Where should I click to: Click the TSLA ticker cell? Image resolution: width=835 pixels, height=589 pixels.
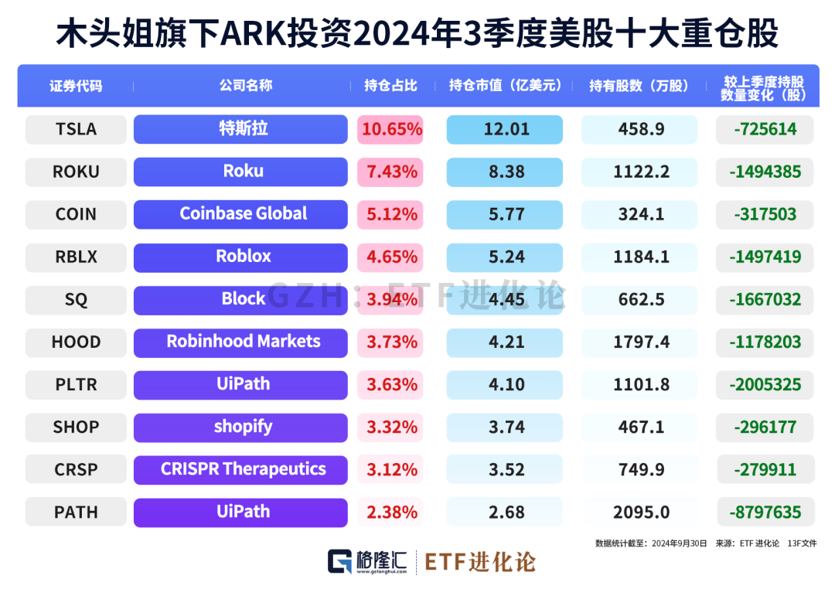(x=76, y=129)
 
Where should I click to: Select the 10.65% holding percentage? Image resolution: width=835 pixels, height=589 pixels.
(x=391, y=129)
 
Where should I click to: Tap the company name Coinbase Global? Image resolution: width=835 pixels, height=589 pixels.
(x=243, y=213)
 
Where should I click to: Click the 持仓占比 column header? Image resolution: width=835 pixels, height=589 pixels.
(x=390, y=86)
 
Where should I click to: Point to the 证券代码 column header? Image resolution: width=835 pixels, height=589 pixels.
(x=76, y=86)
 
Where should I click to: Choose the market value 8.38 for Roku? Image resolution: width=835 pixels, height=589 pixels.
(x=506, y=172)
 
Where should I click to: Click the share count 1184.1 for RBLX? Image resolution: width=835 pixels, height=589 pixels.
(x=641, y=257)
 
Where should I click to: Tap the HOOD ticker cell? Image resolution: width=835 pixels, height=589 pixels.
(x=76, y=342)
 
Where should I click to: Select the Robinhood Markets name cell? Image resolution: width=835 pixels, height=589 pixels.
(x=243, y=342)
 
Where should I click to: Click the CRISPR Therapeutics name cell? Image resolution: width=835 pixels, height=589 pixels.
(x=243, y=469)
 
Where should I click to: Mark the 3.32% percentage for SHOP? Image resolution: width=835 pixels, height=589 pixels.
(x=391, y=427)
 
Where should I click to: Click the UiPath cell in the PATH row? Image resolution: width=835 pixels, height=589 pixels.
(x=243, y=512)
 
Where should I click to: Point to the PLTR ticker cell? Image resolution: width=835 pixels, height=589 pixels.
(x=76, y=384)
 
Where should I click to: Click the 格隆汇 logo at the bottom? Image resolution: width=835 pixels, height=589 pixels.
(x=366, y=561)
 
